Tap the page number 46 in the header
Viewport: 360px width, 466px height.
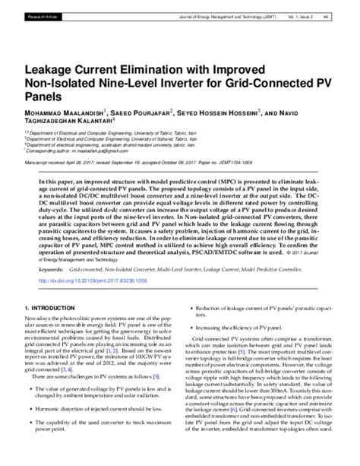(x=346, y=14)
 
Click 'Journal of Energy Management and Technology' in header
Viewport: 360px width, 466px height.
(x=223, y=14)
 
